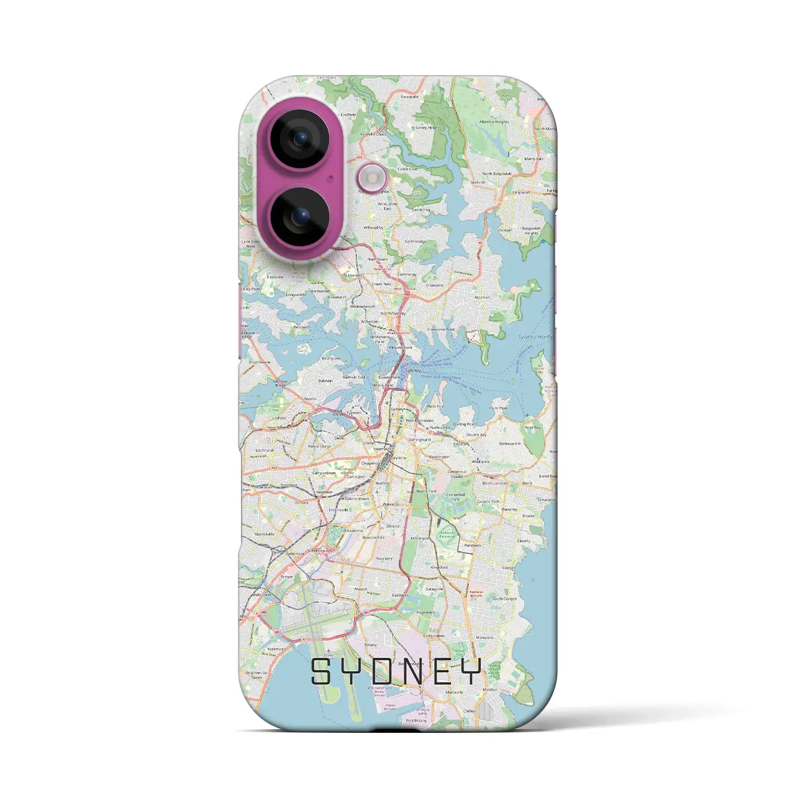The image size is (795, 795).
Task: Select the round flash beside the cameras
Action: pyautogui.click(x=372, y=178)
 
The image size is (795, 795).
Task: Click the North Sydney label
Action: pyautogui.click(x=393, y=314)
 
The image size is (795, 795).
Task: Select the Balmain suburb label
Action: pyautogui.click(x=325, y=379)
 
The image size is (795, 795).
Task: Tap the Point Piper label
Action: pyautogui.click(x=498, y=408)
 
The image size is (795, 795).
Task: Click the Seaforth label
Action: pyautogui.click(x=478, y=183)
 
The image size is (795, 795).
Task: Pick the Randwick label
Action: pyautogui.click(x=473, y=545)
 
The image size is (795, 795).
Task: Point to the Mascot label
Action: pyautogui.click(x=361, y=588)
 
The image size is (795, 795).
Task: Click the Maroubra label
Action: pyautogui.click(x=484, y=637)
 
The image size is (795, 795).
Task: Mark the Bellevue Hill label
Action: pyautogui.click(x=510, y=444)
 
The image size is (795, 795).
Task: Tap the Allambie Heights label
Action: pyautogui.click(x=494, y=122)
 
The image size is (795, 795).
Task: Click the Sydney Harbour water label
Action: pyautogui.click(x=535, y=337)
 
